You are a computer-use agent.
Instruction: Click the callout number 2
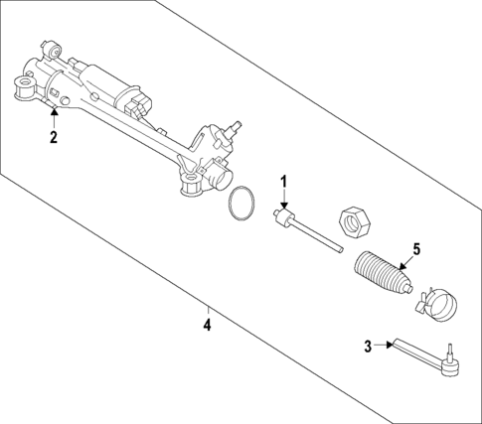[53, 138]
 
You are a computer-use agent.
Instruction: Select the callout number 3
[369, 346]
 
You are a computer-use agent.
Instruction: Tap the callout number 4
[207, 324]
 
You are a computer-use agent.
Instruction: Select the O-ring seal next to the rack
[240, 204]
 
